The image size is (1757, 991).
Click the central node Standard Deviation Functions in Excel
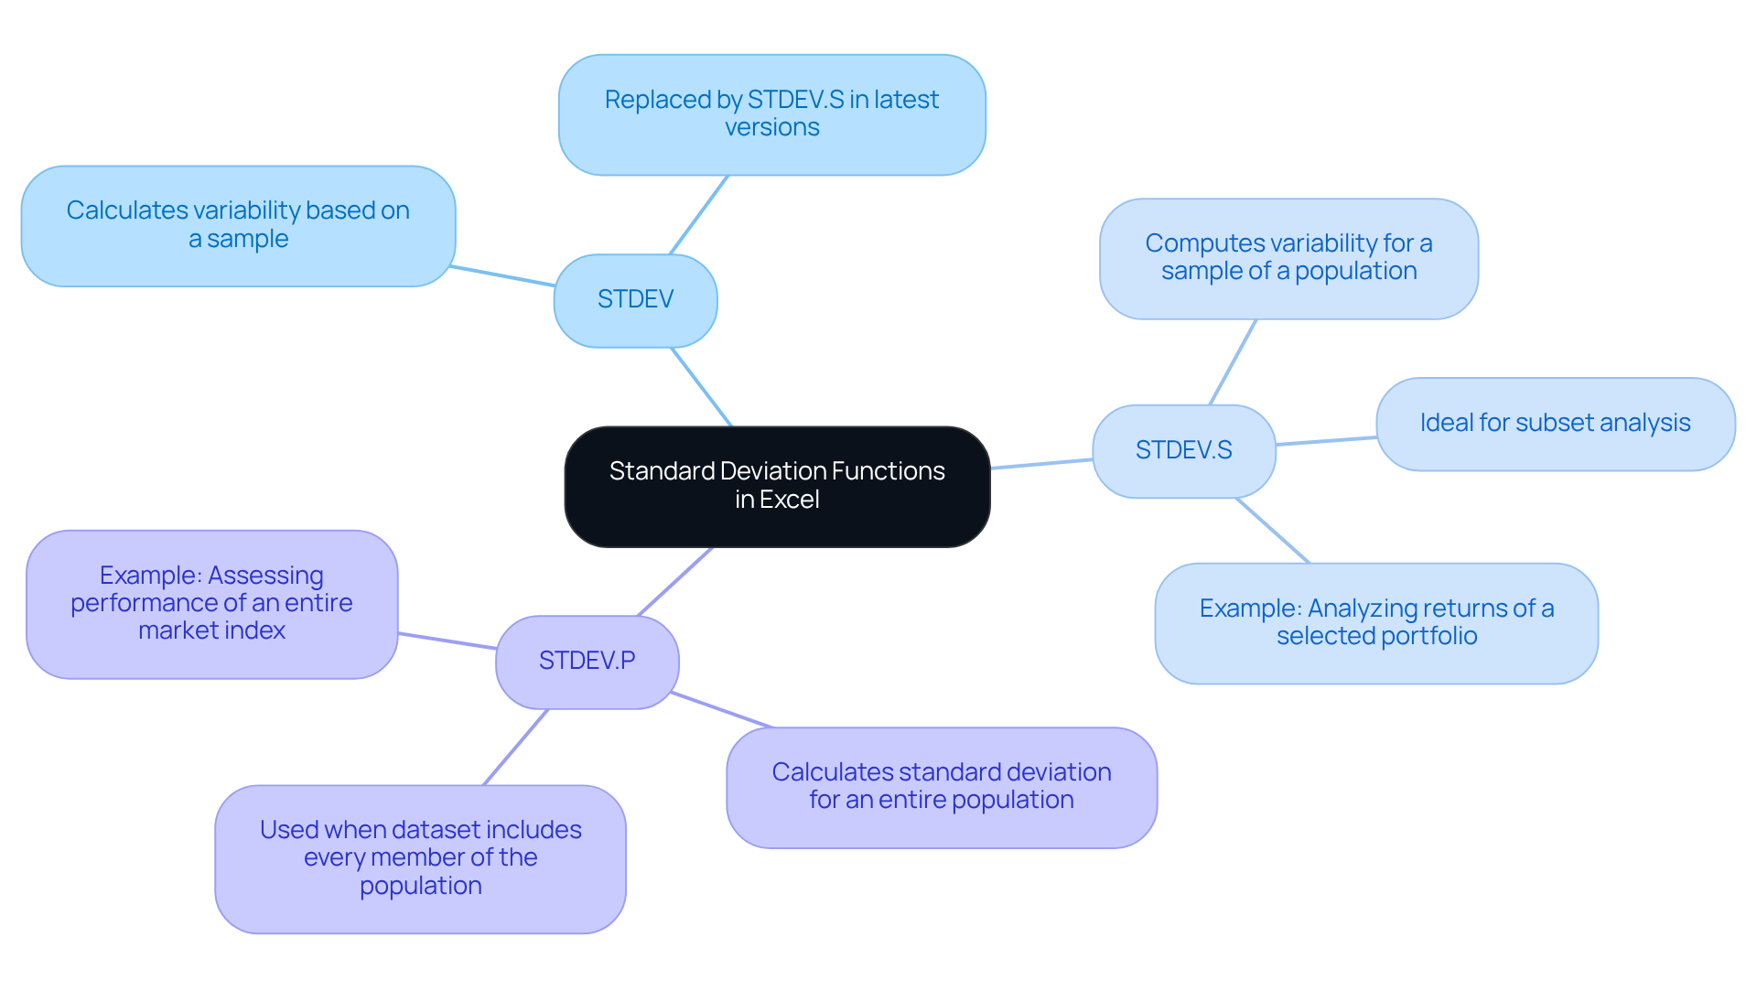click(777, 486)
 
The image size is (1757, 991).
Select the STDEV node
click(635, 300)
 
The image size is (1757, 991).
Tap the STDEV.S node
click(1183, 451)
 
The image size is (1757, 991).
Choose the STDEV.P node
click(587, 662)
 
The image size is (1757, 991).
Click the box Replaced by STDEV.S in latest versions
click(771, 114)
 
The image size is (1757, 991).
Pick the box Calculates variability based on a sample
click(238, 225)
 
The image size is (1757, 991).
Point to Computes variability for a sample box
click(1288, 258)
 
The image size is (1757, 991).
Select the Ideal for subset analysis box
click(1555, 424)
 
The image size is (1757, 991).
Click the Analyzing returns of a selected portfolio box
click(1376, 623)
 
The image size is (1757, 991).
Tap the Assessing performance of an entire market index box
click(211, 604)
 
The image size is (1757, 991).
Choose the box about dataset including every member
click(420, 858)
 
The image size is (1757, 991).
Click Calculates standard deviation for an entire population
click(941, 787)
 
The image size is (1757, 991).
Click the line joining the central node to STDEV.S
click(1041, 464)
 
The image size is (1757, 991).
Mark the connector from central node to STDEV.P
click(675, 581)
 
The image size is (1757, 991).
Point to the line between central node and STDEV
click(701, 386)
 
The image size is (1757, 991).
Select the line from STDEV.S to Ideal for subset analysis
click(1326, 441)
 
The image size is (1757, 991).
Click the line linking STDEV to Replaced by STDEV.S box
click(699, 214)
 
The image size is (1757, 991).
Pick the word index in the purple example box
click(262, 631)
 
